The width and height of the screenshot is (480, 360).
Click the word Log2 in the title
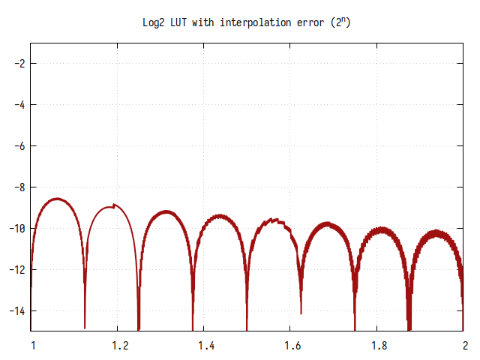coord(154,23)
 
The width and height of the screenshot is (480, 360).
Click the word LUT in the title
coord(181,23)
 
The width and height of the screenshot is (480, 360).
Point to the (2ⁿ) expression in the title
coord(341,22)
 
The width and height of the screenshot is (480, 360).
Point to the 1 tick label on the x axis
coord(31,346)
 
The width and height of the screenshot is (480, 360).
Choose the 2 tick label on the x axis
coord(465,346)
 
